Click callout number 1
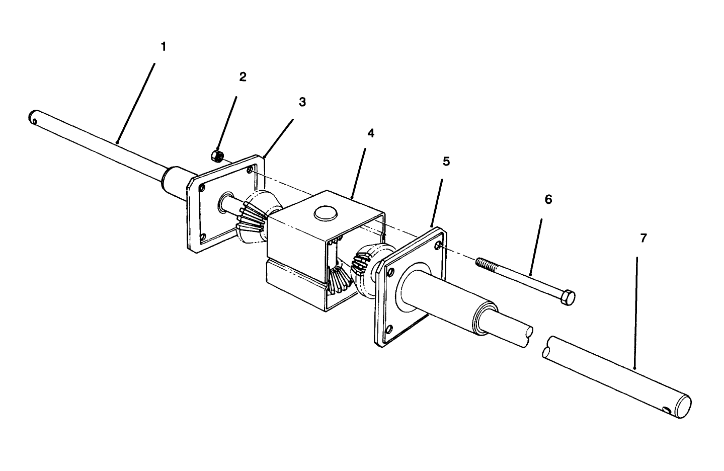(x=163, y=47)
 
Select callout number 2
(x=243, y=77)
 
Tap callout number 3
(x=302, y=102)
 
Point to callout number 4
(x=371, y=133)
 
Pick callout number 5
(x=446, y=162)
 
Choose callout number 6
(x=548, y=200)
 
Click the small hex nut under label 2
(x=217, y=155)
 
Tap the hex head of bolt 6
(x=567, y=297)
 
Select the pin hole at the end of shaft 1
(x=33, y=119)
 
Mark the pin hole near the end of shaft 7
(x=667, y=411)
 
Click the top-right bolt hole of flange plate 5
(x=439, y=245)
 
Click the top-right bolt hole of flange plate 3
(x=250, y=170)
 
